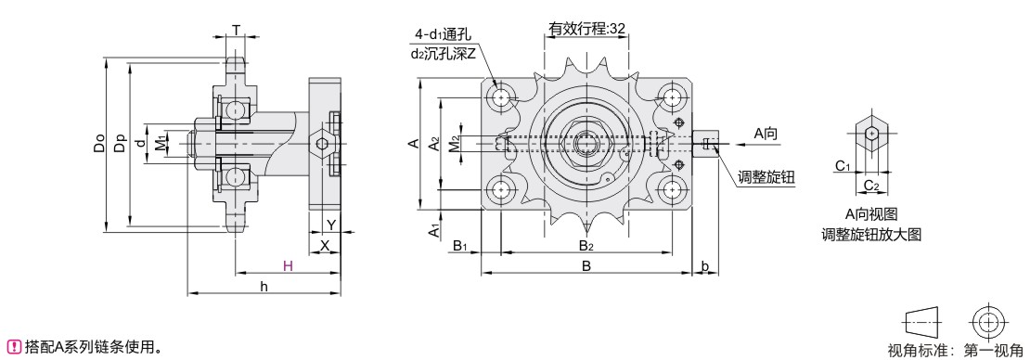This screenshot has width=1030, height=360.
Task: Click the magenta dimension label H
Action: coord(288,266)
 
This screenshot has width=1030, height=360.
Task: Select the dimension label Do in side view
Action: coord(99,144)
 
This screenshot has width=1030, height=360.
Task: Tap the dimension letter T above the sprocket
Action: coord(236,29)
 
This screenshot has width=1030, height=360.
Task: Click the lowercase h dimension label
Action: coord(264,287)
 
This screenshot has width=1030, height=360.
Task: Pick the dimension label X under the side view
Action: coord(324,246)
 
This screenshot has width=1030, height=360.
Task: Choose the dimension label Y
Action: coord(331,225)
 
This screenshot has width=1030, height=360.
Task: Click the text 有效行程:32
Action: coord(586,28)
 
